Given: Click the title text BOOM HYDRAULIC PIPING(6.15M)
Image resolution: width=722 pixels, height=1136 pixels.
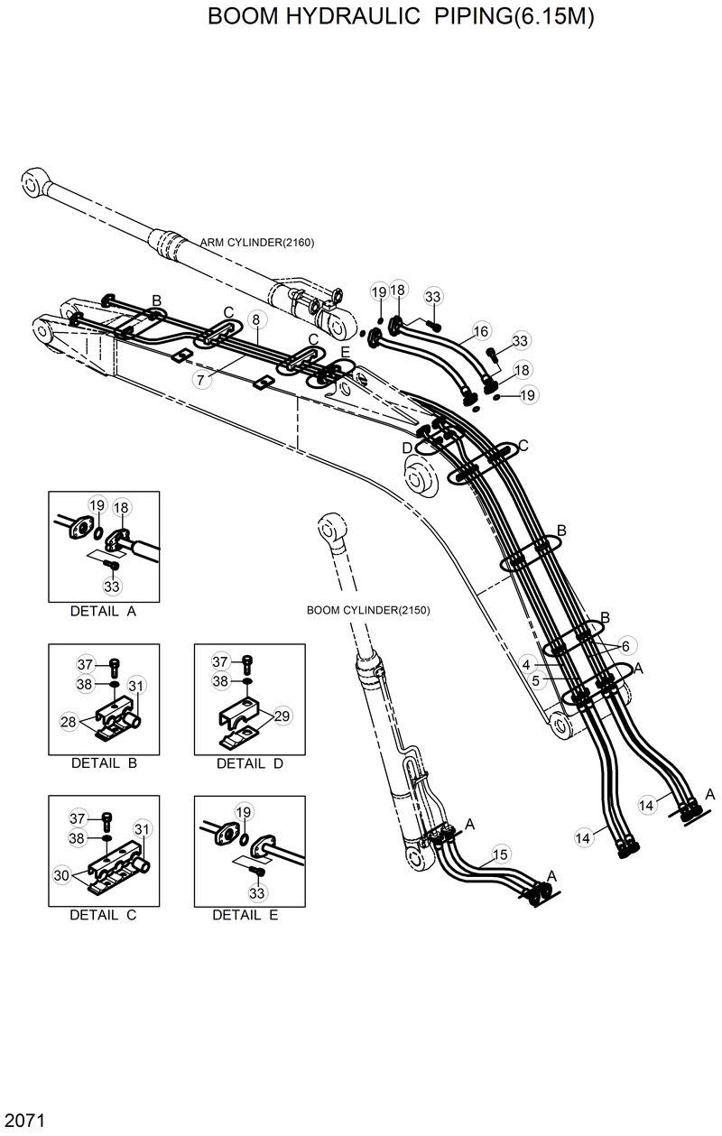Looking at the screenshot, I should coord(401,17).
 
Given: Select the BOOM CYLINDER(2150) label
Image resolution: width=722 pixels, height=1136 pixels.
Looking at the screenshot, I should coord(368,610).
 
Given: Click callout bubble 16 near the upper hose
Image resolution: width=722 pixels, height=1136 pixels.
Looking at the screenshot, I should coord(480,331).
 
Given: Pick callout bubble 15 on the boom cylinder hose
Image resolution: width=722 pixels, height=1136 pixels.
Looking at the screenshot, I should coord(500,854).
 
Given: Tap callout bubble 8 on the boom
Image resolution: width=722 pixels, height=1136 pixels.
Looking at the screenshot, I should coord(256,319).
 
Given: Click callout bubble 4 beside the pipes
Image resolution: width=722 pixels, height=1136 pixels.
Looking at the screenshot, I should coord(525,665).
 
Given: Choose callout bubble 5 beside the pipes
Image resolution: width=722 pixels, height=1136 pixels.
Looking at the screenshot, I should coord(535,681).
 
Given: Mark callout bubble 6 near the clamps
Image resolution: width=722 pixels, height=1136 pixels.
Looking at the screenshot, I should coord(624,646).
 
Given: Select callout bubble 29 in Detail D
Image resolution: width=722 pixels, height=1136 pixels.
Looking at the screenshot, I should coord(282,716).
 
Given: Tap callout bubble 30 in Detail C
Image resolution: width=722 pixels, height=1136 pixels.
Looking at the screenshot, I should coord(61,874).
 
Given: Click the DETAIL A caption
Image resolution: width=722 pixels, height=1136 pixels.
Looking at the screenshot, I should coord(103,611).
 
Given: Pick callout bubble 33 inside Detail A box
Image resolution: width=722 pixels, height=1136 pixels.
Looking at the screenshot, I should coord(112,586).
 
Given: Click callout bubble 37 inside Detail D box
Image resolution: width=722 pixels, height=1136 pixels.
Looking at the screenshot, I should coord(220,663).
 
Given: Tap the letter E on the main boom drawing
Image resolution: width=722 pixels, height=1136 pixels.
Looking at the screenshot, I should coord(345,352).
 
